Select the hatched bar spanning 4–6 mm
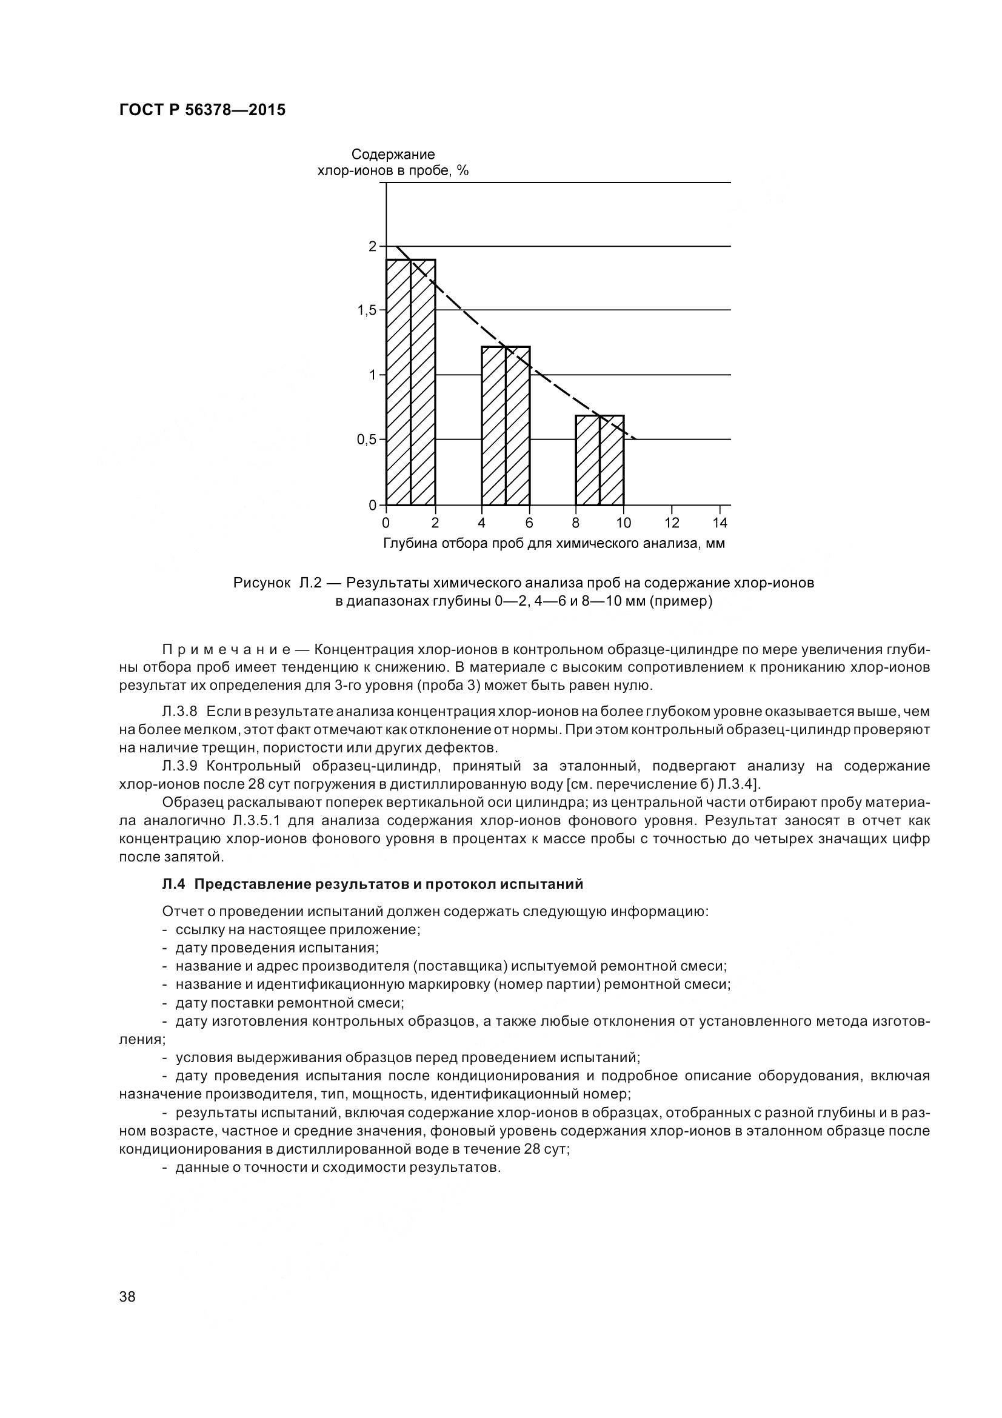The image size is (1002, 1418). pos(506,426)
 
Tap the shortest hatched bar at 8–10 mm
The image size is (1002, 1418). pos(600,460)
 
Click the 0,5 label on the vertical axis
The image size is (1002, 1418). pos(367,440)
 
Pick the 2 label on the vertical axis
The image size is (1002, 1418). pos(372,246)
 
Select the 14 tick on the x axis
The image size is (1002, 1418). pos(720,523)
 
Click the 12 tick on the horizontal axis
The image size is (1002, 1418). pos(672,523)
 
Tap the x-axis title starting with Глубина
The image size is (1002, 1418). pos(554,544)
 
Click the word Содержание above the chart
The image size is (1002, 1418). pos(393,155)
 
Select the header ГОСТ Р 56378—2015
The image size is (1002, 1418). pos(202,110)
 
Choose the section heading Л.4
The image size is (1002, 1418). pos(372,885)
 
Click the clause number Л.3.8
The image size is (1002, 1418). pos(179,712)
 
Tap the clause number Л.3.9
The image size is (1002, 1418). pos(179,766)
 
